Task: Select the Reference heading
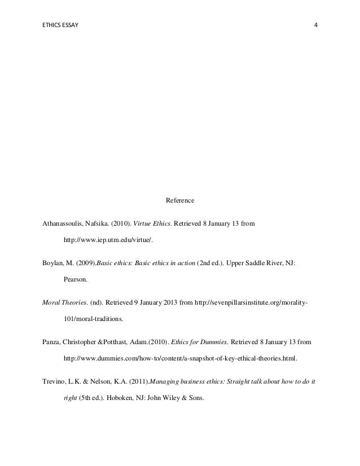point(179,200)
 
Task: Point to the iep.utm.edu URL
point(108,240)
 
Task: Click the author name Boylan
point(54,263)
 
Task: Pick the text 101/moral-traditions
point(93,319)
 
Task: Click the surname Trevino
point(55,382)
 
